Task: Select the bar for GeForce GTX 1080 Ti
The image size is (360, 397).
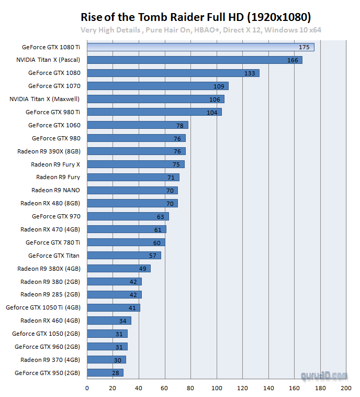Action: pos(200,47)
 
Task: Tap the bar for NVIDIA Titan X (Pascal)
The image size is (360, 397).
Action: pos(194,60)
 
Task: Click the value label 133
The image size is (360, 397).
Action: pos(250,73)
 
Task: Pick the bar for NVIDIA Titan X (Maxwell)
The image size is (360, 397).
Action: pos(155,99)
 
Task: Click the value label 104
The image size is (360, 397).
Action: pos(212,112)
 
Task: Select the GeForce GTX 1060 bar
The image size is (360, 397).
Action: pos(137,125)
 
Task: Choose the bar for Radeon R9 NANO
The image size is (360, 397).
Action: pos(132,190)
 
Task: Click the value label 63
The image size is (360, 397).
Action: pos(160,216)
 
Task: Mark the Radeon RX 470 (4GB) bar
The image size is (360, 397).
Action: pos(126,229)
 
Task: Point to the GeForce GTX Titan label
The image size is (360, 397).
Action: pos(54,256)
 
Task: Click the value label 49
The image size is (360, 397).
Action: pos(142,269)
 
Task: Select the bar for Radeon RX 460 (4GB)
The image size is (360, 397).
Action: pos(109,321)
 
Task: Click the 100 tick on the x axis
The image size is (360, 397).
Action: pos(217,388)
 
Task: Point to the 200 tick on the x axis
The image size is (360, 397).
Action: pos(346,388)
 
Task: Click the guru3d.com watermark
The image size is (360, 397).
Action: pos(324,376)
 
